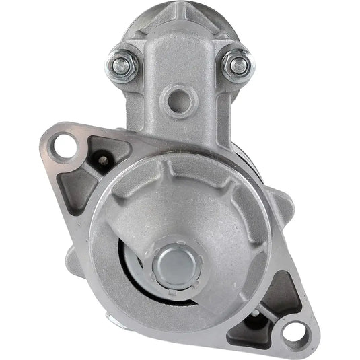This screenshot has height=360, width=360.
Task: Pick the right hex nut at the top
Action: (238, 65)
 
